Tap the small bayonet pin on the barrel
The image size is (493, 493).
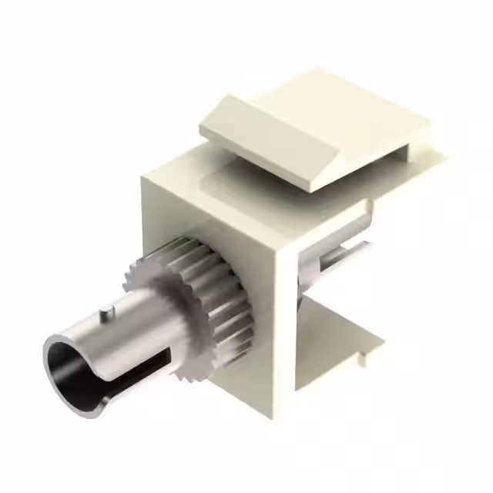113,310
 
